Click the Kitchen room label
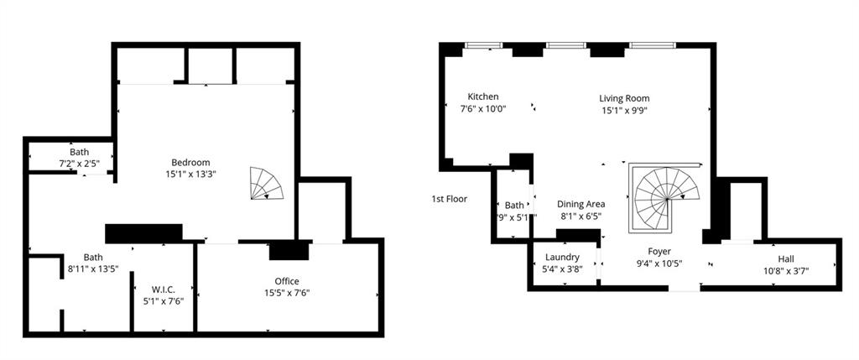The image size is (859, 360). coord(483,97)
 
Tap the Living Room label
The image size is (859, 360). coord(624,98)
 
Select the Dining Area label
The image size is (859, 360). coord(581,204)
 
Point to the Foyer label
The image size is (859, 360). coord(659,251)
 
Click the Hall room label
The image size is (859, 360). coord(785,259)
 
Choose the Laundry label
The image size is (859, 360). coord(562,257)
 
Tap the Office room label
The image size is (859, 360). coord(287,281)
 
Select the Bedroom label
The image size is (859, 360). coord(190,163)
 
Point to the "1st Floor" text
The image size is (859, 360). coord(449,199)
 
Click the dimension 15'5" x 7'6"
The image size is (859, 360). coord(287,293)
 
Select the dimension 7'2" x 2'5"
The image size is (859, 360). coord(80,163)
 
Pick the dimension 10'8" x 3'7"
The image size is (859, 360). coord(785,271)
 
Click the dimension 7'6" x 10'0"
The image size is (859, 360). coord(483,108)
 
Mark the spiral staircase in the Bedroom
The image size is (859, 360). coord(268,184)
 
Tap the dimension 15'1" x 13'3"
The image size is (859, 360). coord(190,175)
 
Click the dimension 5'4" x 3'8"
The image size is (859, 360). coord(562,269)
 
